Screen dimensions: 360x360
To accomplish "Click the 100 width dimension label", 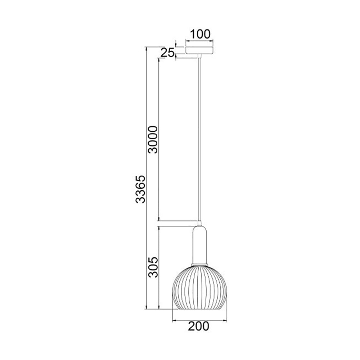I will point(200,35).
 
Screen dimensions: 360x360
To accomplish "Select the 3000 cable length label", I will point(153,139).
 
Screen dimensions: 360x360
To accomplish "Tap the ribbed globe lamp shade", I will point(199,288).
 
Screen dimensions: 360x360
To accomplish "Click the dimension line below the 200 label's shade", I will point(199,319).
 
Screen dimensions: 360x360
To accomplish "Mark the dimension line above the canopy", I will point(199,40).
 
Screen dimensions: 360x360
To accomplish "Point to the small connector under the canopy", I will point(199,56).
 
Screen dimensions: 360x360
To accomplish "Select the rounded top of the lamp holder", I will point(199,228).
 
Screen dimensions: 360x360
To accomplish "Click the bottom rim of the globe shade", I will point(199,309).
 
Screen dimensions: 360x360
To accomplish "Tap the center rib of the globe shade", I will point(199,288).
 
